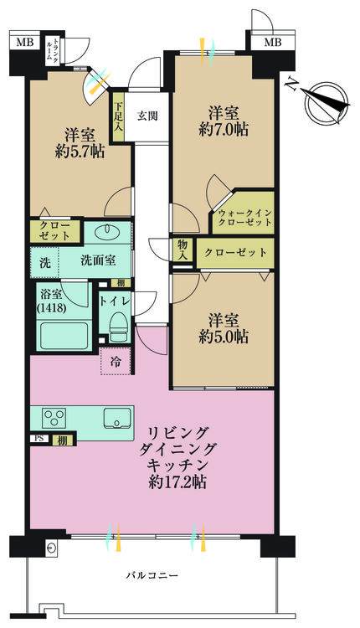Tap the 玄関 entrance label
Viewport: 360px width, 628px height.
pyautogui.click(x=147, y=116)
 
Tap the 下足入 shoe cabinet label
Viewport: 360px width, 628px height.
pyautogui.click(x=119, y=117)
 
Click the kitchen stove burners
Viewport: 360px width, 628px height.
pyautogui.click(x=54, y=417)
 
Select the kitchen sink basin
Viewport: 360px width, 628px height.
pyautogui.click(x=116, y=417)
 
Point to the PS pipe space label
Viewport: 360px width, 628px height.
pyautogui.click(x=39, y=439)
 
